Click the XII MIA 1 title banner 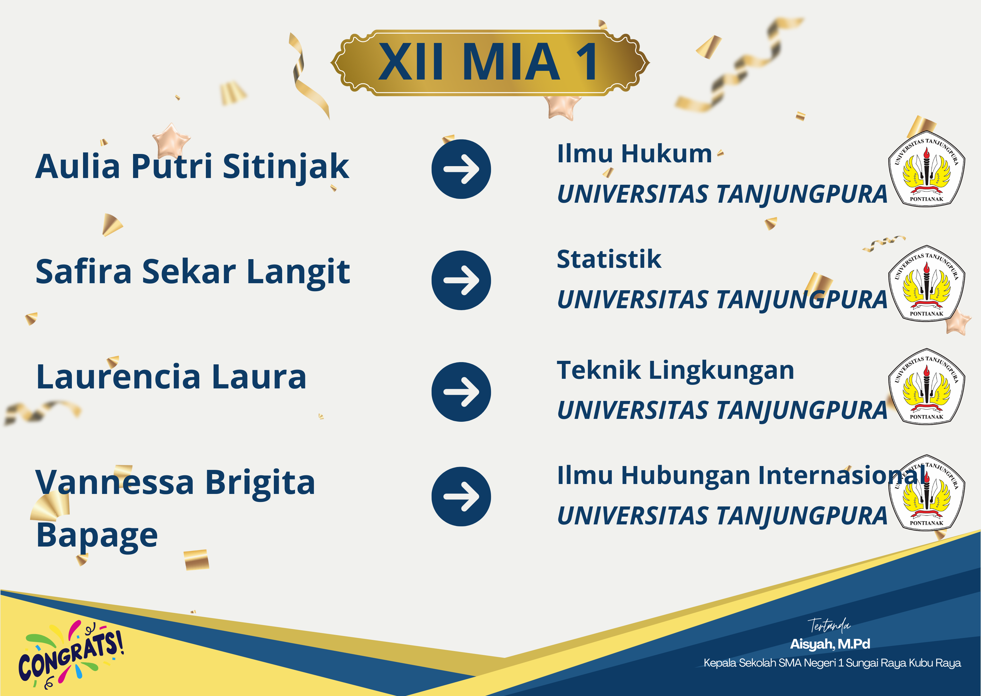point(490,63)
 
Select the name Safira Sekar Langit point(193,273)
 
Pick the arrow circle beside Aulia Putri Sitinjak point(461,169)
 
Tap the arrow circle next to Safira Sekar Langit point(461,280)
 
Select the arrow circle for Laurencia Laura point(461,392)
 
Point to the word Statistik point(609,259)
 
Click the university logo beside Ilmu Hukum point(926,168)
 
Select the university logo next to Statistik point(926,283)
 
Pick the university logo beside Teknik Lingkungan point(926,386)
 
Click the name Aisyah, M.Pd point(830,644)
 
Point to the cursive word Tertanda point(829,626)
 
